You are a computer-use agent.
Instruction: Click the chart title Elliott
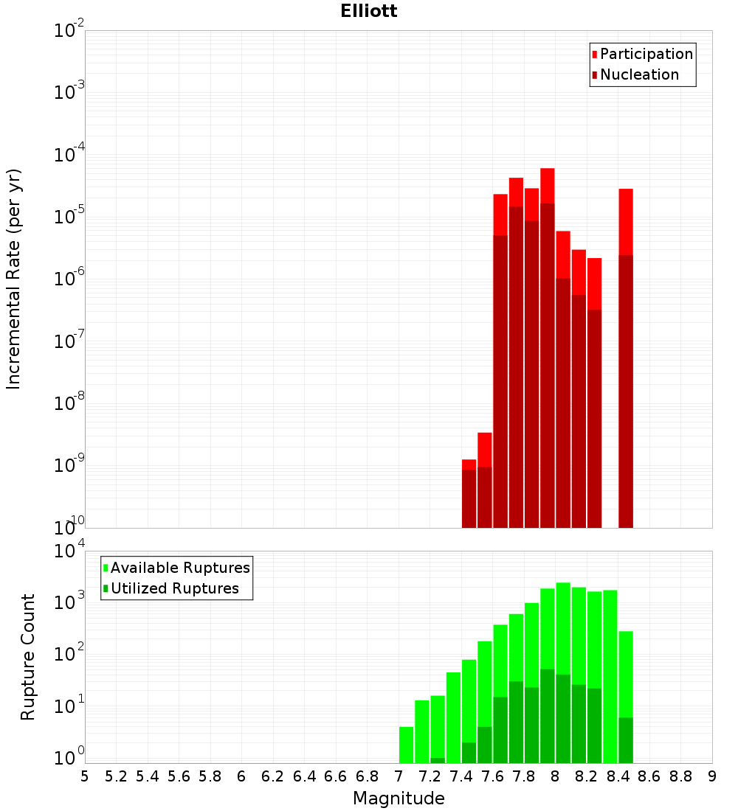point(369,11)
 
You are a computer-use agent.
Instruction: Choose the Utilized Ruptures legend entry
point(174,588)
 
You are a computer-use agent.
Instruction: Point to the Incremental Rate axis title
point(13,279)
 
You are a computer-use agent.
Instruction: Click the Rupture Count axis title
point(28,657)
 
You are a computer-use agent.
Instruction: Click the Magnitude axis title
point(399,798)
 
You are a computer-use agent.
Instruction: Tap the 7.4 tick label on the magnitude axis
point(461,776)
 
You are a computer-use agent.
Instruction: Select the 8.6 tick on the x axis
point(649,776)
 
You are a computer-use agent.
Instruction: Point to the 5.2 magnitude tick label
point(116,776)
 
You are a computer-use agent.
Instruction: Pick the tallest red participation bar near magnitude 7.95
point(547,184)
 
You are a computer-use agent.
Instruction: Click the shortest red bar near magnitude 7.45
point(469,464)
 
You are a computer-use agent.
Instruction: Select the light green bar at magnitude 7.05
point(406,745)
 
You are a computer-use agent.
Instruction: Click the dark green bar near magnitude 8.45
point(626,740)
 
